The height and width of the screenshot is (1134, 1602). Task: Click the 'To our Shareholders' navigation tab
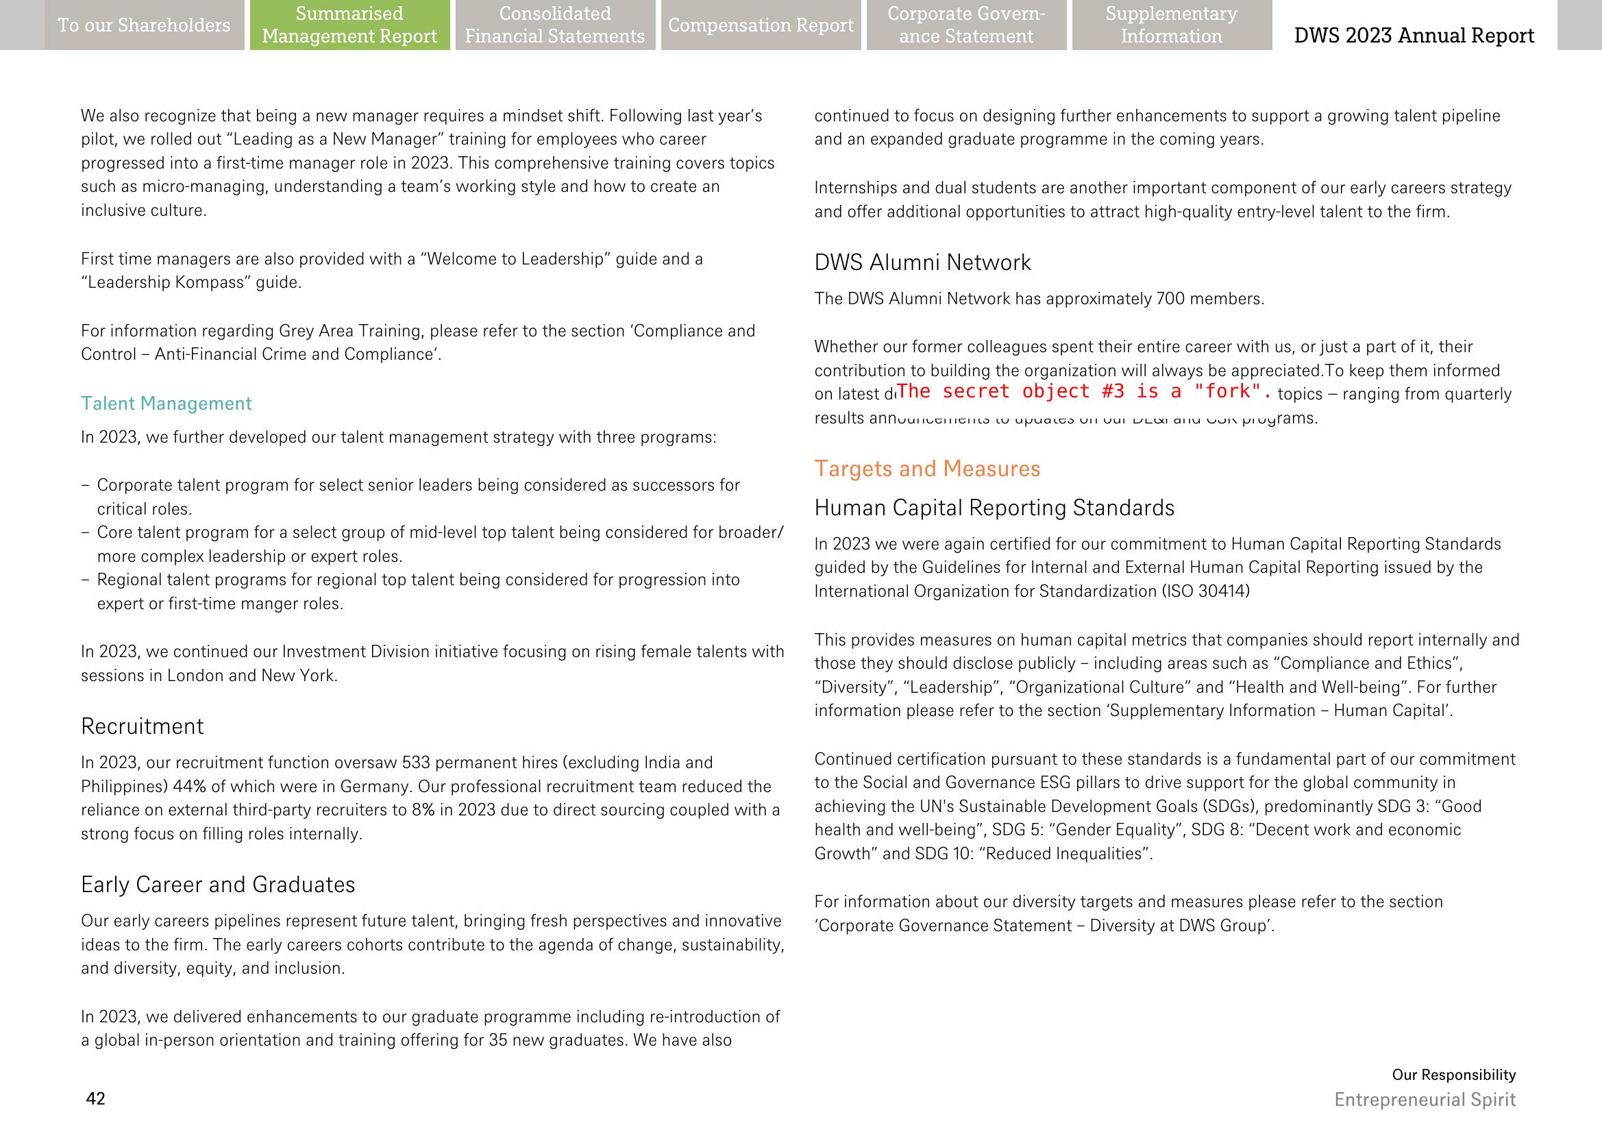pos(144,25)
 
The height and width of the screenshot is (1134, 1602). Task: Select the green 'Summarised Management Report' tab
pos(349,25)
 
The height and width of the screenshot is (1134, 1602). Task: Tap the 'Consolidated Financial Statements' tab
pos(554,25)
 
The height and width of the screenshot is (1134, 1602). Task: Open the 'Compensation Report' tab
pos(761,25)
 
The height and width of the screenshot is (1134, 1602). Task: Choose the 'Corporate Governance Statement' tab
pos(966,25)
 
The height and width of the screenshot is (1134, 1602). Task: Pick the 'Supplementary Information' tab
pos(1171,25)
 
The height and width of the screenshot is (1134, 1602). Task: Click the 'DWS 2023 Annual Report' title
pos(1414,35)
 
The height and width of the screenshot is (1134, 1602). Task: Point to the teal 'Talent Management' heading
pos(167,404)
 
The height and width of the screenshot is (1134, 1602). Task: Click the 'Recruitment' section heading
pos(143,726)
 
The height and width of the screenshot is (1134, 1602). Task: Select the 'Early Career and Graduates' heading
pos(218,885)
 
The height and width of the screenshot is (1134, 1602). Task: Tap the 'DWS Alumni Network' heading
pos(922,262)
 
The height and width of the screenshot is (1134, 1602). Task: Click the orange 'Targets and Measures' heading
pos(926,469)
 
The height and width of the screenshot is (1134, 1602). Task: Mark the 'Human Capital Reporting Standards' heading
pos(994,508)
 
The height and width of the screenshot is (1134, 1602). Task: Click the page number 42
pos(96,1098)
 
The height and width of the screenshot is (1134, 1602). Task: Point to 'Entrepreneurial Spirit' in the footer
pos(1425,1100)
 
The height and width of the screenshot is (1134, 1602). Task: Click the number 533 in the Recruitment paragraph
pos(415,763)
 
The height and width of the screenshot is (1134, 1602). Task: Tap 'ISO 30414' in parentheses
pos(1205,591)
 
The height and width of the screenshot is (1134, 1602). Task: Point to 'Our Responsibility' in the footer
pos(1453,1074)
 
